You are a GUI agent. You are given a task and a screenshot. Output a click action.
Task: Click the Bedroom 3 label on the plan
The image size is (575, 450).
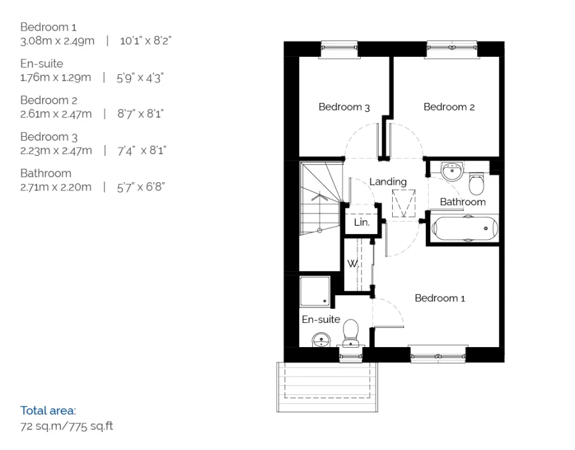(344, 107)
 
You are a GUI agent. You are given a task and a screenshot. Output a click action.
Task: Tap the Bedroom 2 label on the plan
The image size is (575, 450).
(449, 107)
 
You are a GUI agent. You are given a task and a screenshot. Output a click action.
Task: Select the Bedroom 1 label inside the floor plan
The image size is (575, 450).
(440, 298)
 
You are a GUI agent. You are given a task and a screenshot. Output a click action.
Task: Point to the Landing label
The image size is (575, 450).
(388, 182)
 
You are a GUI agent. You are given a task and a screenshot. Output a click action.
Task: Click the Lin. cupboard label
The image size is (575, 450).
(362, 223)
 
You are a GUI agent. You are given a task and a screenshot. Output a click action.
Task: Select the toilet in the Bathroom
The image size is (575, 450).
(477, 184)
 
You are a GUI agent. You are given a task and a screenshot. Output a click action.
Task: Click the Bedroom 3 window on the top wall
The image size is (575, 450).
(339, 46)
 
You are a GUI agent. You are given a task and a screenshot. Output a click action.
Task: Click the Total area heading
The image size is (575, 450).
(48, 410)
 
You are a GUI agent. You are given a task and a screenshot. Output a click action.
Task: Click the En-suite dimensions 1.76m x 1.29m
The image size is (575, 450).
(56, 77)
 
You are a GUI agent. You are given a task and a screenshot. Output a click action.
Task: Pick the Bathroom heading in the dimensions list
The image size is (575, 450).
(45, 173)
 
